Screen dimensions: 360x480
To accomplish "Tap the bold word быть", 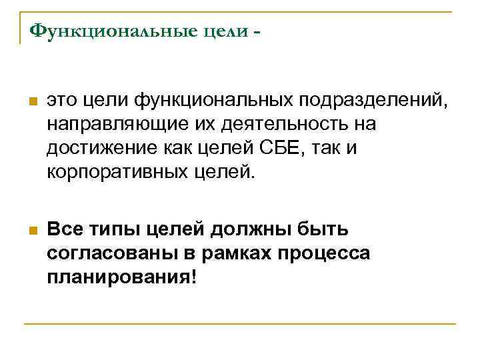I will pyautogui.click(x=323, y=230).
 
